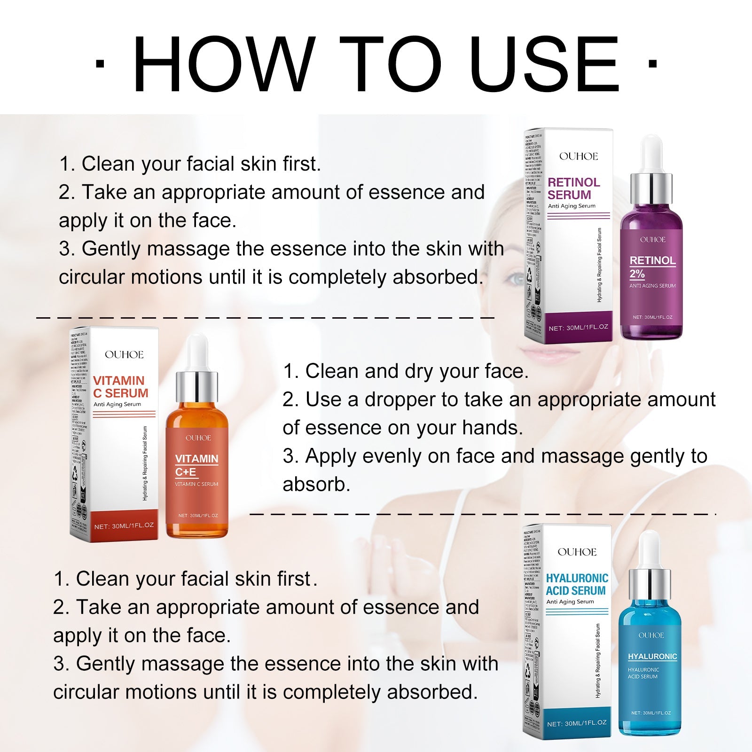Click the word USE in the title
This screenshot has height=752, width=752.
544,64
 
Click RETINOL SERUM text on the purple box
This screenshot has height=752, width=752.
573,188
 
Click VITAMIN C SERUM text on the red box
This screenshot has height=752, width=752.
120,387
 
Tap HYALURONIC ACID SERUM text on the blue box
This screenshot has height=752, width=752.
577,584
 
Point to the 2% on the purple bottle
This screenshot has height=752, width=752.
637,274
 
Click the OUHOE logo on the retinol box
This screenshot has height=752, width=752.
579,157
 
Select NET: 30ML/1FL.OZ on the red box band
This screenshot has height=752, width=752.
124,526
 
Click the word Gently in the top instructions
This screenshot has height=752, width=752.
111,249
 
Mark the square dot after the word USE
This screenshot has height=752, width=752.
652,63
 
